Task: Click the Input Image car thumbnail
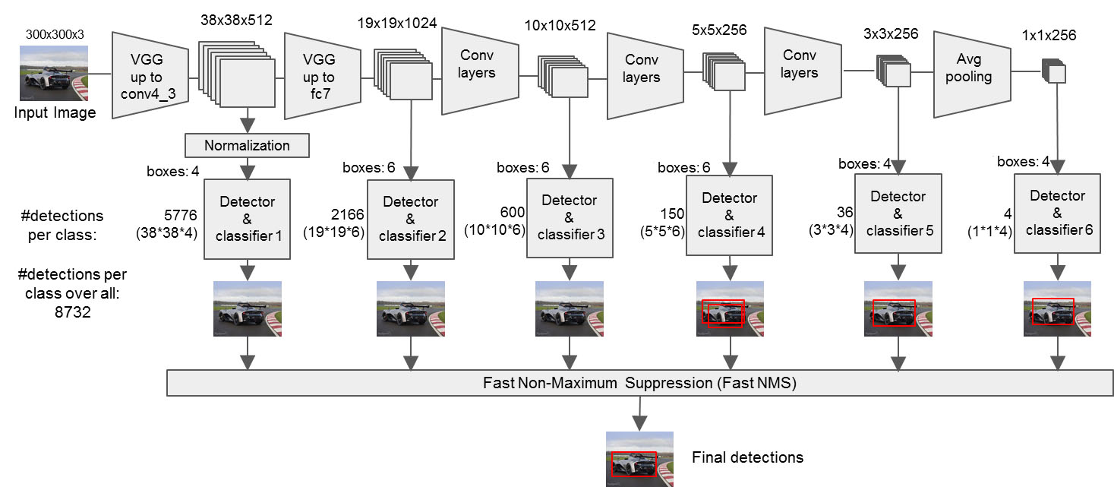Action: click(x=53, y=74)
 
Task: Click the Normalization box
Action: click(x=247, y=145)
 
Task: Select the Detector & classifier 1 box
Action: click(x=247, y=219)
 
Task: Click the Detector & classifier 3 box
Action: click(x=570, y=217)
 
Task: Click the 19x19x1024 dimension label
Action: click(x=397, y=23)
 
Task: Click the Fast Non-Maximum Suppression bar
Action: click(x=639, y=384)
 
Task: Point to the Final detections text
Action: click(x=747, y=457)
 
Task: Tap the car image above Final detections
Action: click(x=639, y=459)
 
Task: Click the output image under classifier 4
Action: click(x=731, y=309)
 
